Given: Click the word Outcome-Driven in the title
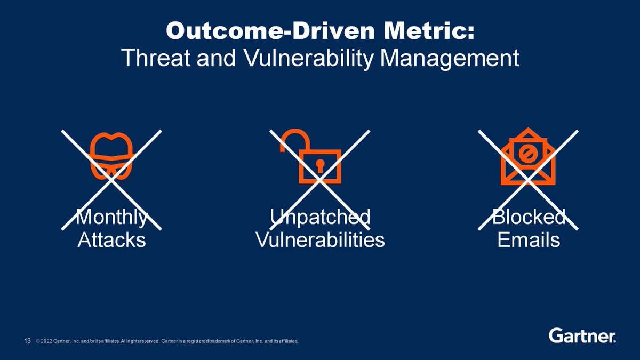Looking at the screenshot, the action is [x=270, y=31].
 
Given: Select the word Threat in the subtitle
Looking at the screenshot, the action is [x=156, y=58].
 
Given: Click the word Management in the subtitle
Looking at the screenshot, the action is [x=450, y=59].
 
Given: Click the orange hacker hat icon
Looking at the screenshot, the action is [x=111, y=156].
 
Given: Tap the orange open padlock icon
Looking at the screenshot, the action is [x=311, y=156].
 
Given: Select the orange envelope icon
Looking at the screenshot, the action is [x=528, y=156].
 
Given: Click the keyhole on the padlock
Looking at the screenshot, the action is [x=320, y=166].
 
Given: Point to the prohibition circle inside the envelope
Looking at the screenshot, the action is [x=528, y=154].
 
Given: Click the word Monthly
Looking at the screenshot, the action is [x=111, y=218].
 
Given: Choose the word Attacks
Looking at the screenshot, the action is [x=111, y=240].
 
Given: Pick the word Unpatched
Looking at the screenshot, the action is [x=320, y=218].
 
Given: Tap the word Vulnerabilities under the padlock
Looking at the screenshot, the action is [x=320, y=240].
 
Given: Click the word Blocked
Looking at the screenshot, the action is [x=529, y=217].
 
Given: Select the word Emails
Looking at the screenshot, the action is [x=529, y=240].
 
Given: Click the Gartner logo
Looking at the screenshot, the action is [x=582, y=335].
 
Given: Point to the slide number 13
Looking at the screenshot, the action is [x=27, y=341].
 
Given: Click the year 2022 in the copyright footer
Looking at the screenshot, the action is [x=46, y=341].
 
